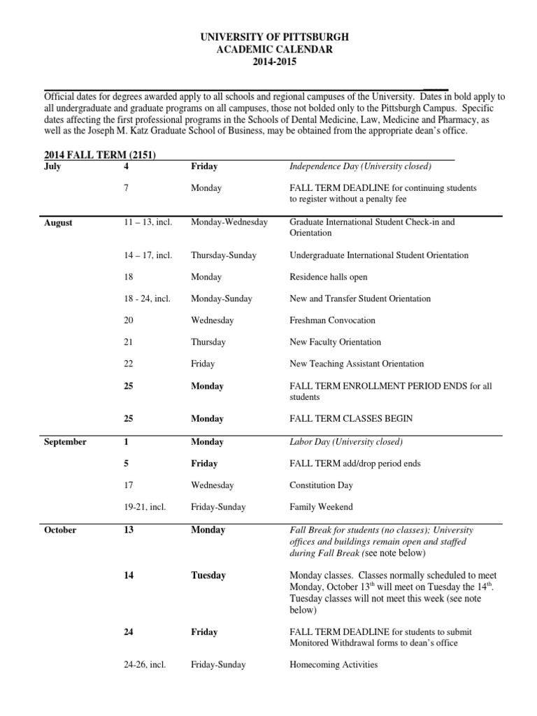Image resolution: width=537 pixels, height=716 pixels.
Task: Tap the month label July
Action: click(x=53, y=166)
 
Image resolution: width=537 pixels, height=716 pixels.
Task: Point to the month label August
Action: click(x=58, y=223)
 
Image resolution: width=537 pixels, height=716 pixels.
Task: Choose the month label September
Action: click(x=65, y=442)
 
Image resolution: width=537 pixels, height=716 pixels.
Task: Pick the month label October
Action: click(x=60, y=530)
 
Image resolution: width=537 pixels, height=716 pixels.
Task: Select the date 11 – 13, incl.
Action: click(x=148, y=222)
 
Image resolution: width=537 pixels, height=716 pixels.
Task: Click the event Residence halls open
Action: click(x=329, y=277)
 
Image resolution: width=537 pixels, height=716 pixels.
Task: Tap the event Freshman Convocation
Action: click(x=332, y=320)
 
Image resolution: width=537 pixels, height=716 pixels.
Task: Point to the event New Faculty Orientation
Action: click(x=336, y=342)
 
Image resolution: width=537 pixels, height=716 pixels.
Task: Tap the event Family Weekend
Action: click(x=321, y=507)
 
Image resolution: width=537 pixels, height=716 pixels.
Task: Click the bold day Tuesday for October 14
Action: click(x=208, y=575)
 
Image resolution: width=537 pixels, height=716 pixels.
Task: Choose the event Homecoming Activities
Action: click(x=334, y=665)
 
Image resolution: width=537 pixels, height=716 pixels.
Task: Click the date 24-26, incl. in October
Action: click(x=145, y=665)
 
